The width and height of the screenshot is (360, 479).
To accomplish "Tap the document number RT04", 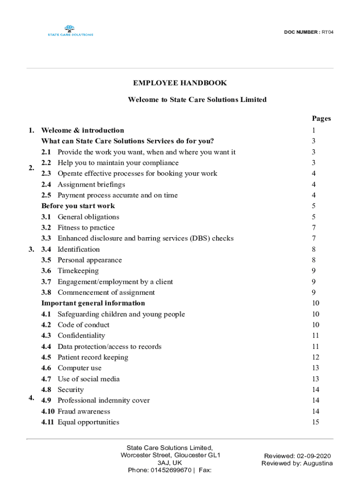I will point(327,32).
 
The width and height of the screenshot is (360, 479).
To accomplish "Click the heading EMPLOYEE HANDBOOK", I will point(180,83).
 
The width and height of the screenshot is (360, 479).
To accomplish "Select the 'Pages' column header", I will point(321,118).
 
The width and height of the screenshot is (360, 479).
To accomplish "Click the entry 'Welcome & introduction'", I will point(83,131).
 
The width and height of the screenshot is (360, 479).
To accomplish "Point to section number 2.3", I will point(46,174).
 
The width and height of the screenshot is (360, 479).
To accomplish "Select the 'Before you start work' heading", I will point(78,206).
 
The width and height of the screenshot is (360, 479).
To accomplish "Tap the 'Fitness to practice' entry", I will point(86,228).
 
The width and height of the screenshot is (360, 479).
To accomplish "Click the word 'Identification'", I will point(79,249).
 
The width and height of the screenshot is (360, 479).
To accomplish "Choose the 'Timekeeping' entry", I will point(78,271).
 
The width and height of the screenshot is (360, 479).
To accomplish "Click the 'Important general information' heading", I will point(93,303).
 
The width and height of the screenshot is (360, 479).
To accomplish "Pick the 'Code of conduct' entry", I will point(83,325).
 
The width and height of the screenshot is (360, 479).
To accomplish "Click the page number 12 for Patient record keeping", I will point(316,357).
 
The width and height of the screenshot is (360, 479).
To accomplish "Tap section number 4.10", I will point(48,412).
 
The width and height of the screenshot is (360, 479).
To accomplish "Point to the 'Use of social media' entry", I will point(88,379).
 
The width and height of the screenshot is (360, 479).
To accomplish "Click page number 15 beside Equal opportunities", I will point(316,422).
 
